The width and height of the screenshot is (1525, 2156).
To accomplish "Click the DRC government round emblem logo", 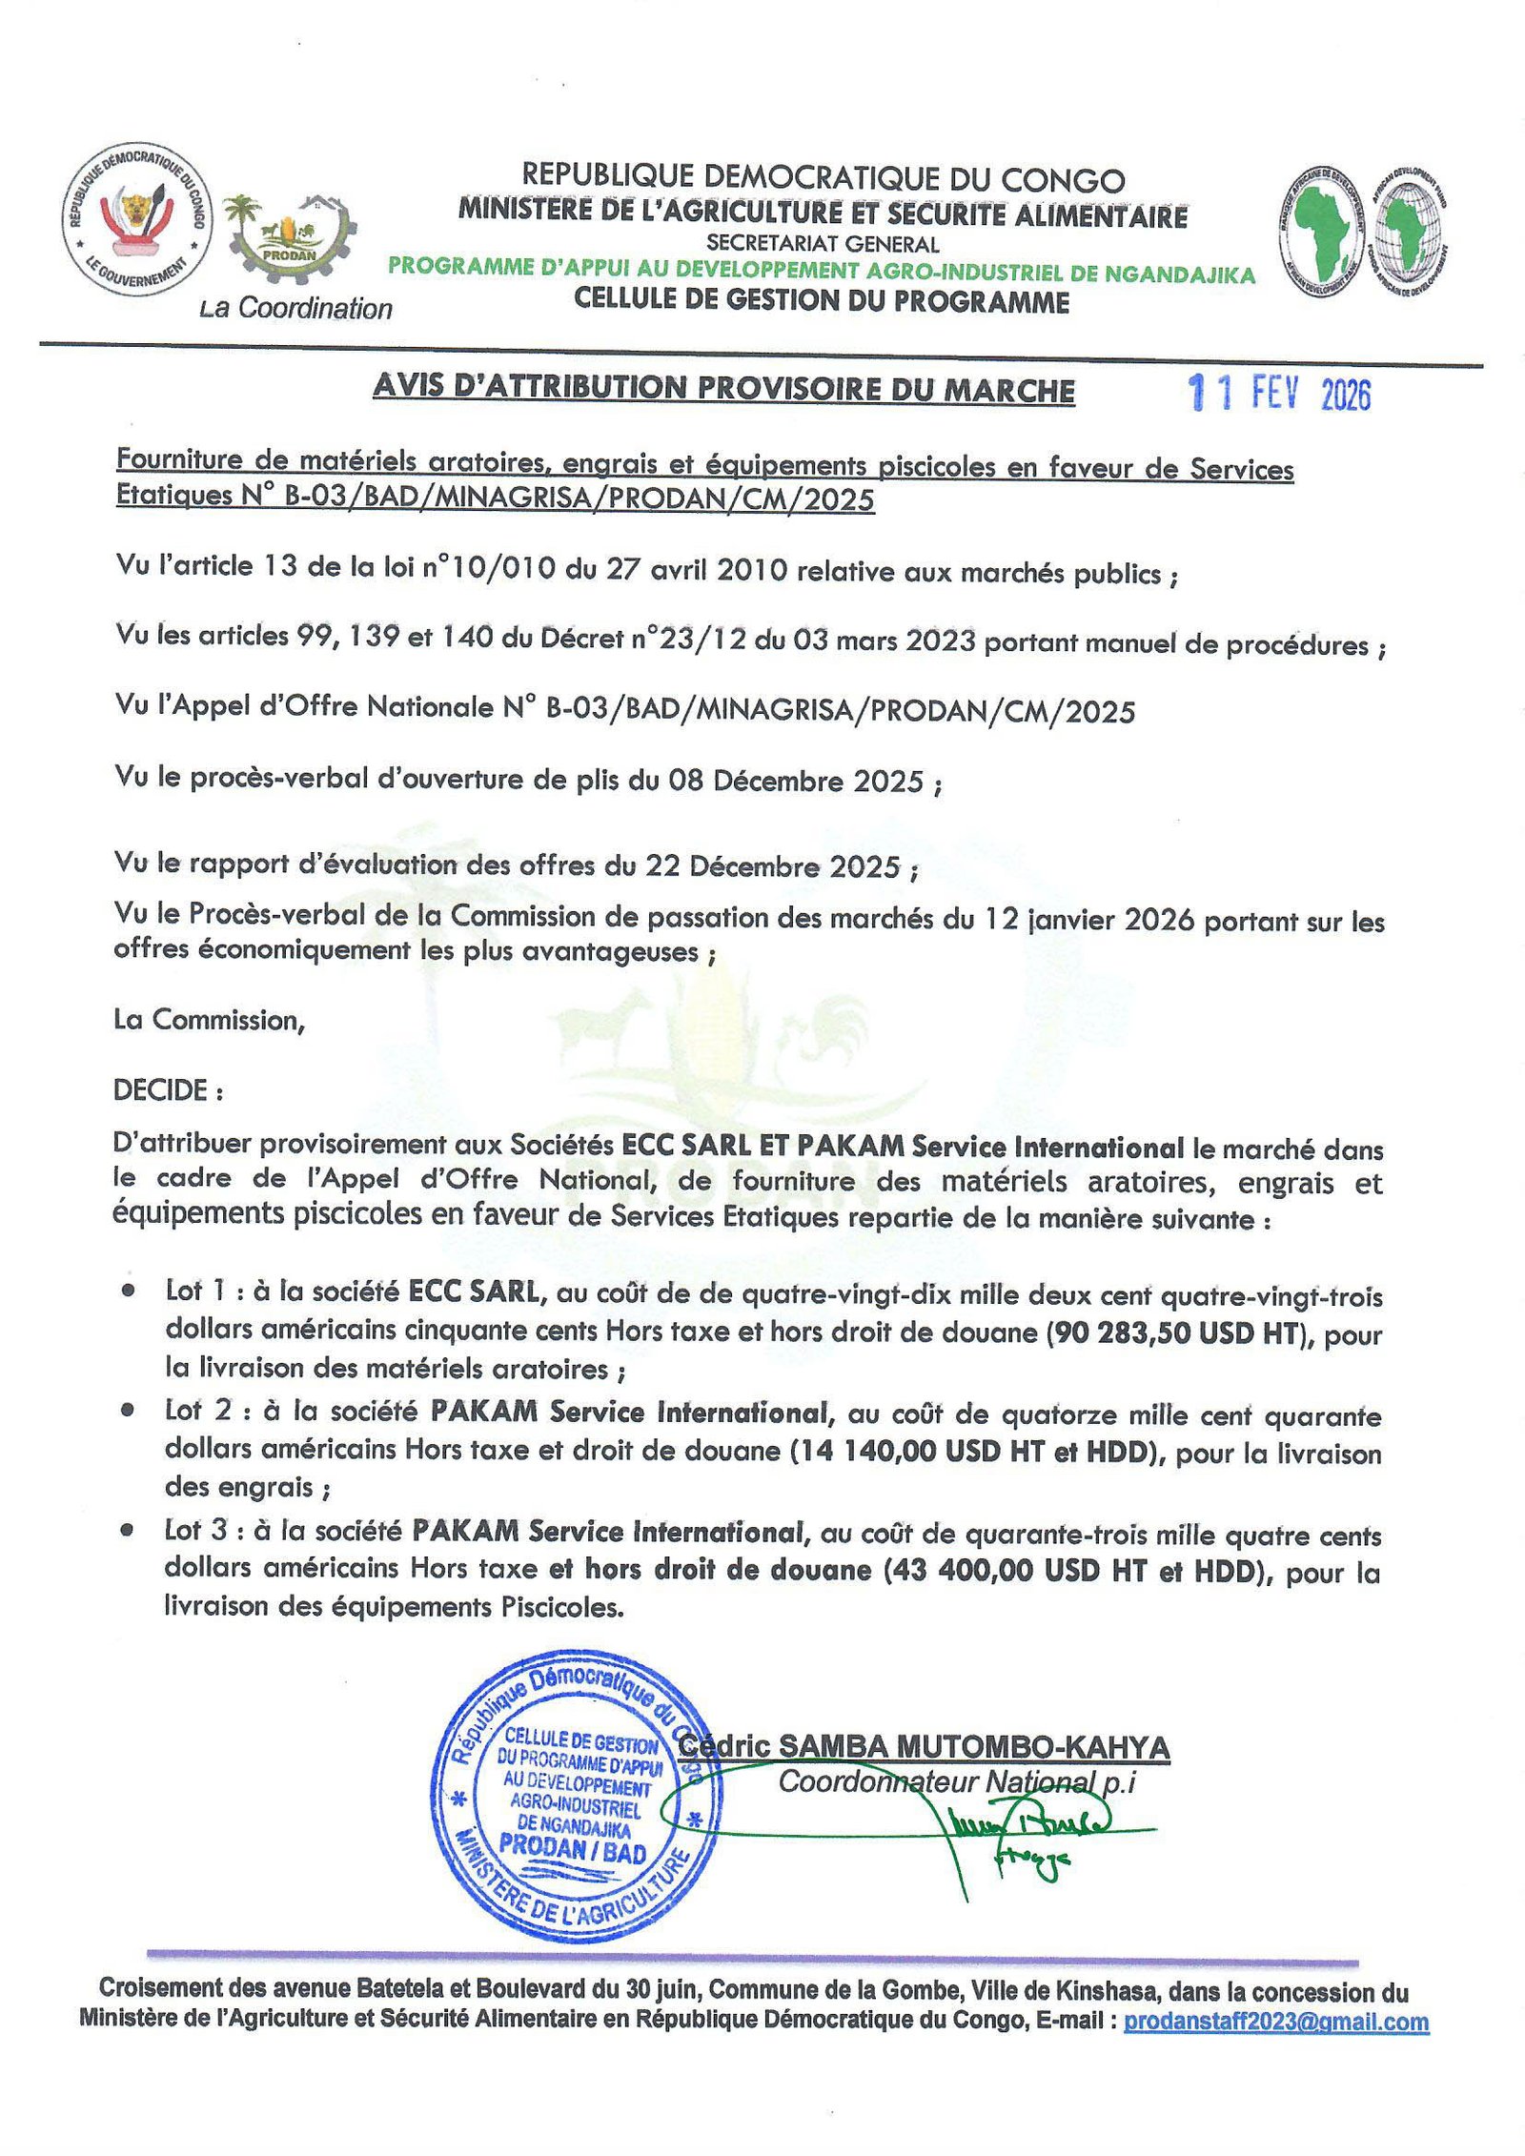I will [137, 220].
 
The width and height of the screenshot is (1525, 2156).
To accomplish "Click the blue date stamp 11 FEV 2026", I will [1280, 393].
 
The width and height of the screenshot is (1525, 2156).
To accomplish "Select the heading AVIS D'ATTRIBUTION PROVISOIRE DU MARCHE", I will [723, 388].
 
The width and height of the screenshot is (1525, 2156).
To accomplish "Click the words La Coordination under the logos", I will [295, 309].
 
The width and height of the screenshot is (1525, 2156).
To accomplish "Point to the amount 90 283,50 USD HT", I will [1174, 1332].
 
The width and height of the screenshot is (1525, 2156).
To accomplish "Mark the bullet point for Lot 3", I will [128, 1531].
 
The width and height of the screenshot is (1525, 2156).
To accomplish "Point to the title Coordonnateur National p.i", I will [957, 1781].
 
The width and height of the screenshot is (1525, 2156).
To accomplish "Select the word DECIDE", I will [161, 1089].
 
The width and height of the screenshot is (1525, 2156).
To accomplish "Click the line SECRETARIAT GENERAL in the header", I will [823, 244].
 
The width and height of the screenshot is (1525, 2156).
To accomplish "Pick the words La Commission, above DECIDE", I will [209, 1020].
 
